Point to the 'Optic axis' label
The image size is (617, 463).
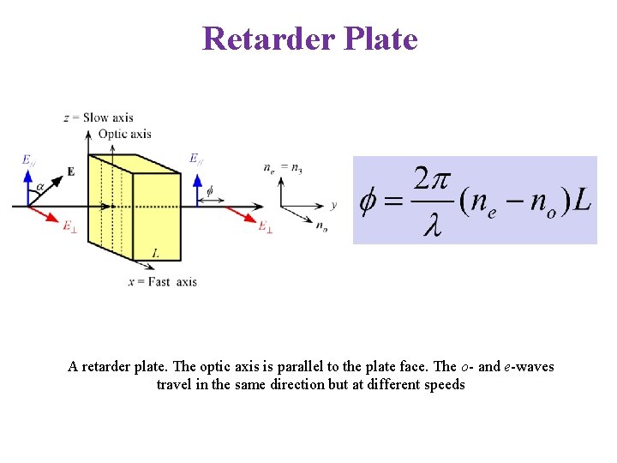(x=124, y=134)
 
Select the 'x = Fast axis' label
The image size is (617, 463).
(x=162, y=281)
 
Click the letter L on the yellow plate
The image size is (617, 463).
(x=155, y=253)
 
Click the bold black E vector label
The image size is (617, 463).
(x=70, y=171)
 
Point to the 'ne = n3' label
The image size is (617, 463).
(x=283, y=168)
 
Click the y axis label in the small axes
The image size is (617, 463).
(x=333, y=204)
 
